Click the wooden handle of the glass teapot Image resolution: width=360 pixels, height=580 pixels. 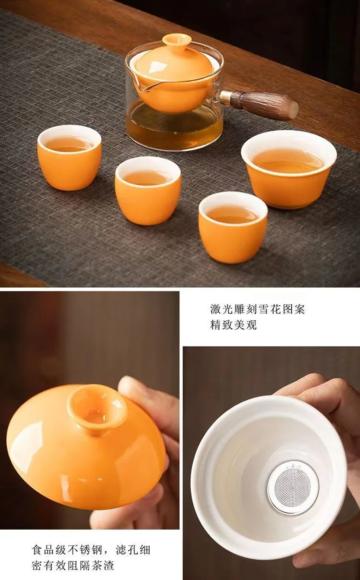262,104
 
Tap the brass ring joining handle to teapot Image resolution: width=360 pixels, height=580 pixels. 224,97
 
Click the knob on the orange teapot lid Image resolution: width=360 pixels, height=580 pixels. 177,41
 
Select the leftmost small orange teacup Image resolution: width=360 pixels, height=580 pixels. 70,157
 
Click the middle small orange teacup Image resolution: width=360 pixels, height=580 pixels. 147,191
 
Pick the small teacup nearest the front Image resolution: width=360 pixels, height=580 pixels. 233,227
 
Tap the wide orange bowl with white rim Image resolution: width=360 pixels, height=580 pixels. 289,169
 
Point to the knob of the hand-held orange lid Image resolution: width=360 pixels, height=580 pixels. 97,409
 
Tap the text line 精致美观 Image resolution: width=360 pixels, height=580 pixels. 233,325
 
